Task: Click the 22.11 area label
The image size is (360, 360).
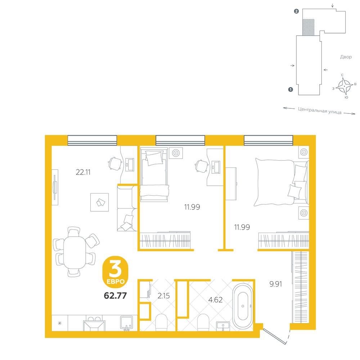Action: point(83,172)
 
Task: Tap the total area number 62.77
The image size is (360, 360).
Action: point(115,296)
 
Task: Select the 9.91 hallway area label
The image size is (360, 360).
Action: point(275,284)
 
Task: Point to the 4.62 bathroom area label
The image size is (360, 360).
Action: point(215,300)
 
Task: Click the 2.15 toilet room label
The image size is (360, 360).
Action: point(164,296)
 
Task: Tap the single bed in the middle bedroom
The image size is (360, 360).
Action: point(154,175)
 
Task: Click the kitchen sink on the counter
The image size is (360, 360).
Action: point(126,323)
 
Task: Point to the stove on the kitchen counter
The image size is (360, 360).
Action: point(94,324)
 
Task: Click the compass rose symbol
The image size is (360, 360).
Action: point(345,86)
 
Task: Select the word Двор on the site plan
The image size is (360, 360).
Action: point(346,57)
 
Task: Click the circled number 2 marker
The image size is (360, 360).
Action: point(296,11)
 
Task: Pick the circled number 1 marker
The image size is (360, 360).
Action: point(291,90)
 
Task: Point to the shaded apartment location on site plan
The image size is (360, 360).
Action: point(308,27)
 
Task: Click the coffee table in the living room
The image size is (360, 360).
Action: point(99,202)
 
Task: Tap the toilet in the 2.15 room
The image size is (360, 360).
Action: point(161,322)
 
